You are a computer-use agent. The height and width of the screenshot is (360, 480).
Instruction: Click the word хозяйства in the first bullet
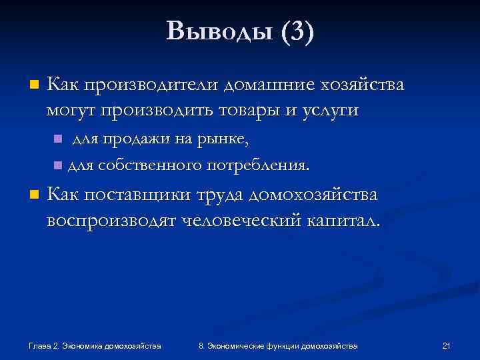[361, 86]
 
